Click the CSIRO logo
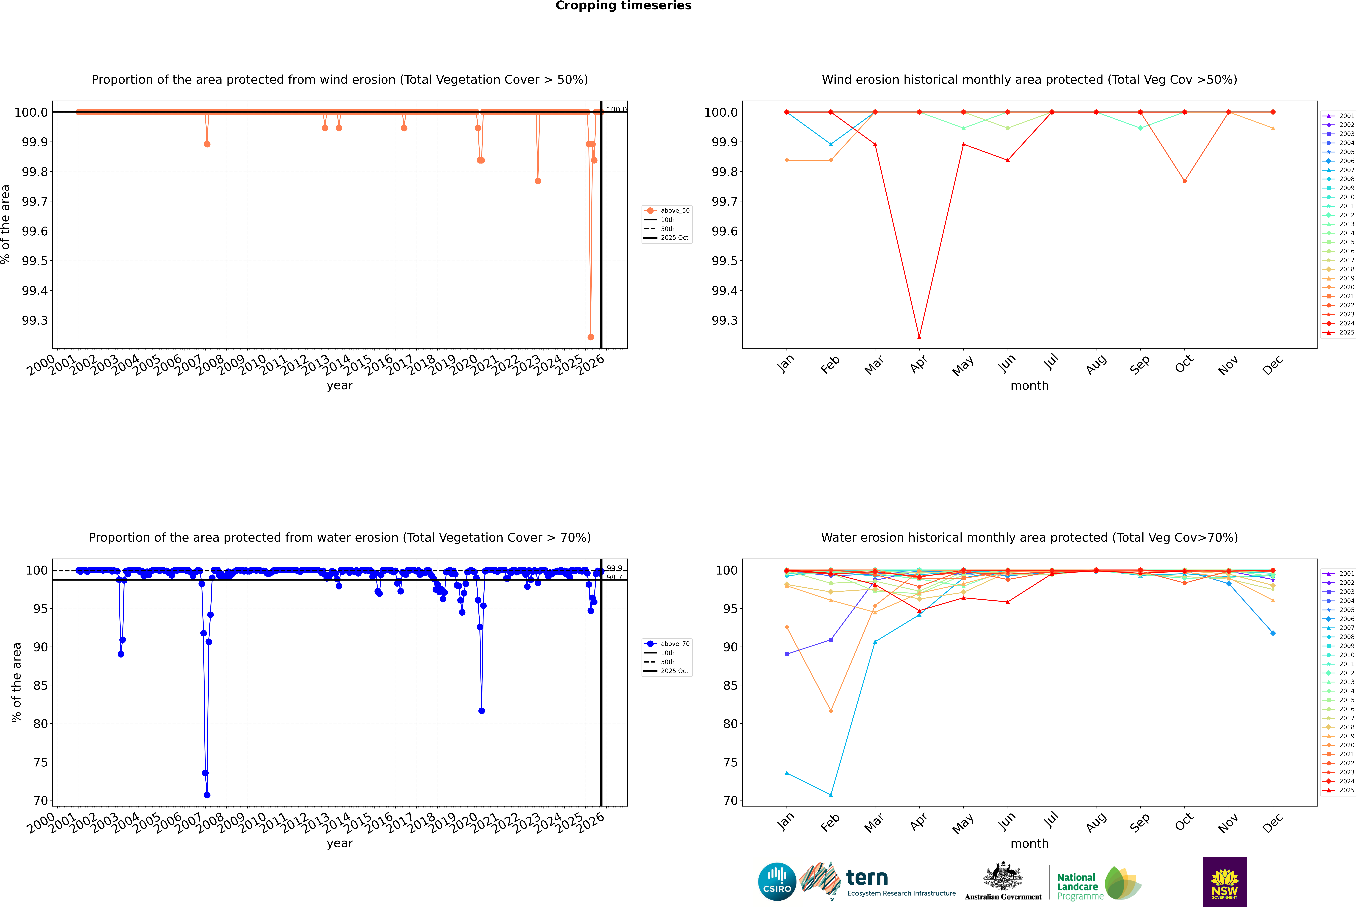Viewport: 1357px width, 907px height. pyautogui.click(x=777, y=882)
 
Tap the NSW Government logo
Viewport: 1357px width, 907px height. pyautogui.click(x=1225, y=882)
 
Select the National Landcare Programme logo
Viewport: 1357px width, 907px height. pyautogui.click(x=1099, y=885)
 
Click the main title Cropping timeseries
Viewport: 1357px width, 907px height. pyautogui.click(x=623, y=6)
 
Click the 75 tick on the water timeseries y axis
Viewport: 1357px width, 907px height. pyautogui.click(x=40, y=762)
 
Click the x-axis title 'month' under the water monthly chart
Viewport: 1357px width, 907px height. pyautogui.click(x=1029, y=843)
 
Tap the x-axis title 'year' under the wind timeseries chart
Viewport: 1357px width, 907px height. pyautogui.click(x=340, y=385)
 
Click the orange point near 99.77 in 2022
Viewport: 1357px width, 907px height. pyautogui.click(x=538, y=181)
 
